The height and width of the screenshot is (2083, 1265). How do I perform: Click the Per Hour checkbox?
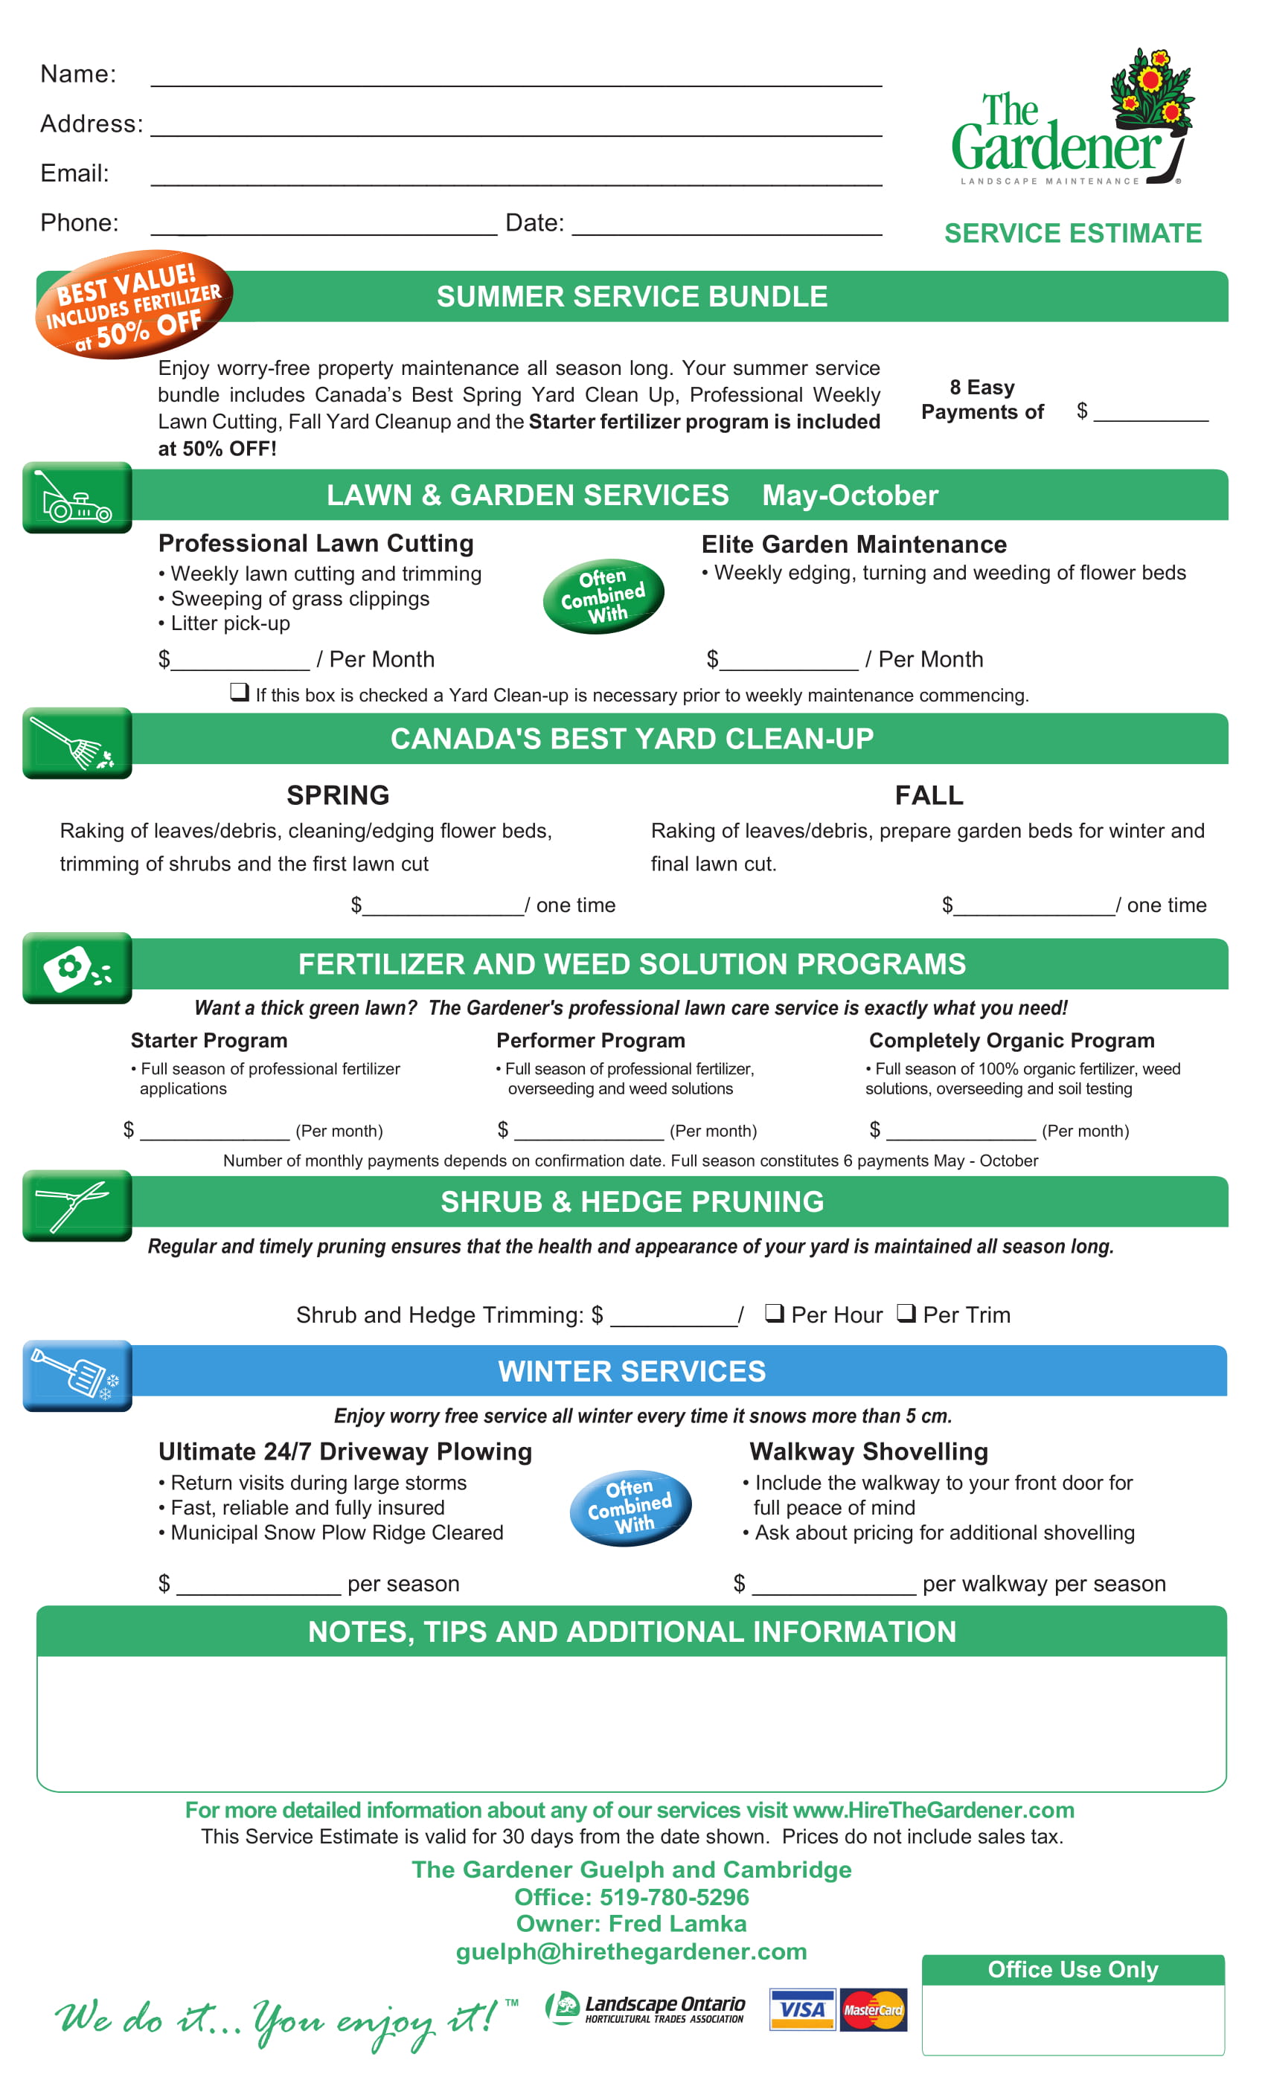coord(773,1313)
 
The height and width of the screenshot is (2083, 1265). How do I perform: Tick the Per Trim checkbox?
coord(906,1313)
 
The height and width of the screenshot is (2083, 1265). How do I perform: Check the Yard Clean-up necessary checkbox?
coord(240,693)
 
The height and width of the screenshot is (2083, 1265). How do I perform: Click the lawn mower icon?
coord(77,498)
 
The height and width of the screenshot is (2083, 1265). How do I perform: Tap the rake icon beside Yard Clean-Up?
coord(77,743)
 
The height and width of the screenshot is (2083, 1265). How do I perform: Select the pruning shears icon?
coord(77,1205)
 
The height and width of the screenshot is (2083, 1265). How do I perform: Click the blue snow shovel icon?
coord(77,1376)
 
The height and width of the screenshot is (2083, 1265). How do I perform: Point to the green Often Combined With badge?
coord(603,596)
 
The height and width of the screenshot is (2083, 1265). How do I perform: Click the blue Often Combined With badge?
coord(630,1507)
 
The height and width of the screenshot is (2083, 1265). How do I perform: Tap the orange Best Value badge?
coord(134,305)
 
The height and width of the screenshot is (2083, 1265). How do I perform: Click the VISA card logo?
coord(801,2009)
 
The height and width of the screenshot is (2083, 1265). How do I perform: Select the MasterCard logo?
coord(873,2009)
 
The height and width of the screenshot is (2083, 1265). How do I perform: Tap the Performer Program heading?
coord(590,1041)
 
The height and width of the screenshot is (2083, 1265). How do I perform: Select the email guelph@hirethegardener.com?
coord(631,1951)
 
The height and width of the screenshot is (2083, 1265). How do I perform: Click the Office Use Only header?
coord(1072,1970)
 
